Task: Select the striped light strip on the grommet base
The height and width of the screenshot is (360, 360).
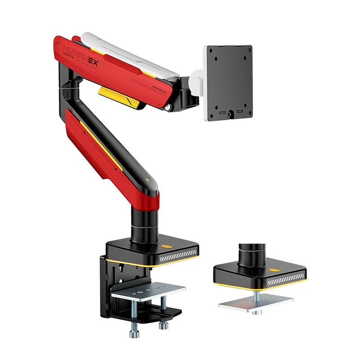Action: (x=285, y=282)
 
